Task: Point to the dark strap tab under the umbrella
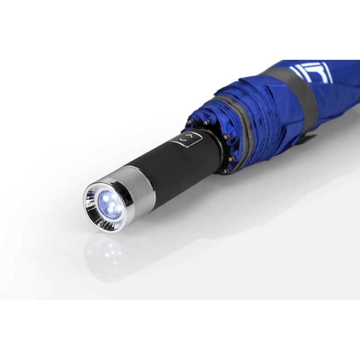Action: tap(309, 137)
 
